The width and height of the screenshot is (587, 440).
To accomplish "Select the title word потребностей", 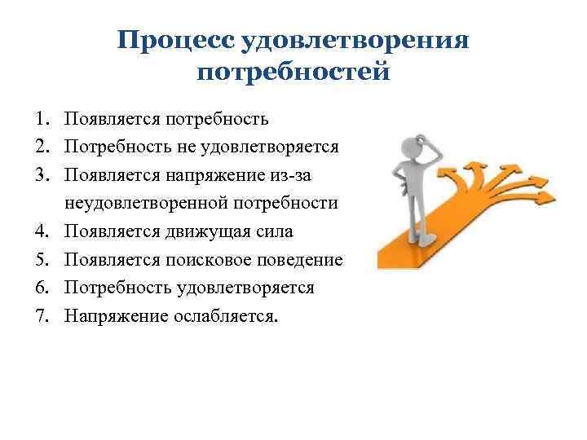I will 293,73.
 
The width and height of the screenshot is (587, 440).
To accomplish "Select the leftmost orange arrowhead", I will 450,174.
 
